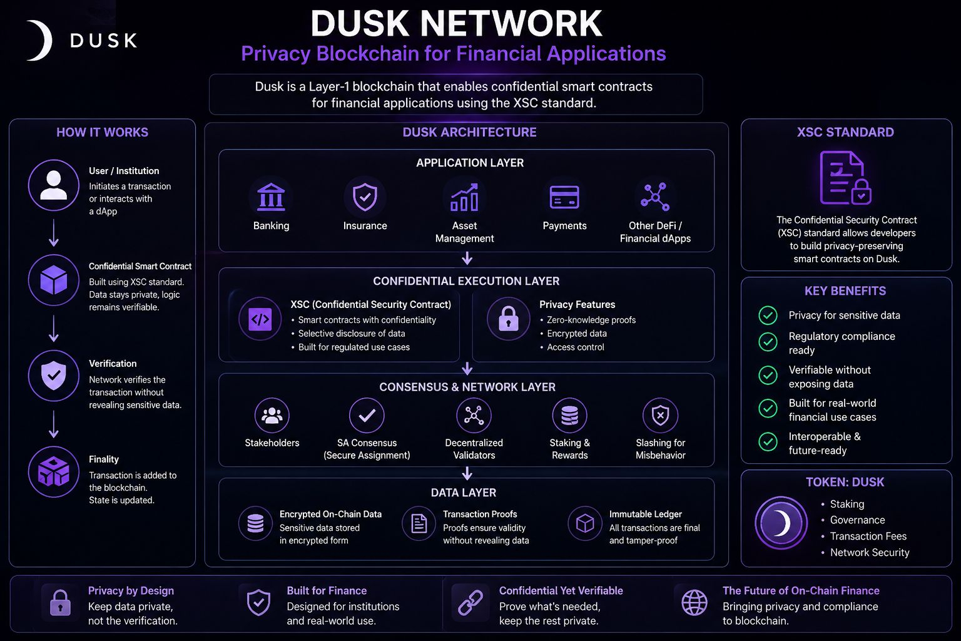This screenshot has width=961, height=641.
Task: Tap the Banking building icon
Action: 271,197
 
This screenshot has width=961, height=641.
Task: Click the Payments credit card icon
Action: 564,197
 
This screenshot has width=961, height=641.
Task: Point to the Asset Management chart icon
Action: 464,197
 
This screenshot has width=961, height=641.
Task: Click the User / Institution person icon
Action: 54,185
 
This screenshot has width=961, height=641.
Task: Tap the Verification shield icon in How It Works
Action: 54,376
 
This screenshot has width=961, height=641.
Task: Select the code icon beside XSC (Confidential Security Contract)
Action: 260,319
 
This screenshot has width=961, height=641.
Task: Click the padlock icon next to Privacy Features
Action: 509,319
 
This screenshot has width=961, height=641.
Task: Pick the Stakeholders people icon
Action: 272,415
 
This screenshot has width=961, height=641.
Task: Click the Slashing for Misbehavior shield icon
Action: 660,415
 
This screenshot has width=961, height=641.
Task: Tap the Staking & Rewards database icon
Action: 569,415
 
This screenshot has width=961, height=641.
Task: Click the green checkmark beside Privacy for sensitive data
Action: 768,315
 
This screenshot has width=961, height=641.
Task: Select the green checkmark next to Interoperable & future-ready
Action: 768,442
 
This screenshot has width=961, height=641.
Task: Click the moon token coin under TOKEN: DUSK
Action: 781,523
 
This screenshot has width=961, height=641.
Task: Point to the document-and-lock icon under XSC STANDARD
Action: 845,178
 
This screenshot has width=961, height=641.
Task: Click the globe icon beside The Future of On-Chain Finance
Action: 694,603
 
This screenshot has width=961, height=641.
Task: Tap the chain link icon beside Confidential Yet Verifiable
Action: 470,602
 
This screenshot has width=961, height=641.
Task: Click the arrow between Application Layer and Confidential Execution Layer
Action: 467,259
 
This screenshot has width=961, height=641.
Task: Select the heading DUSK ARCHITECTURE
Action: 469,132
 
